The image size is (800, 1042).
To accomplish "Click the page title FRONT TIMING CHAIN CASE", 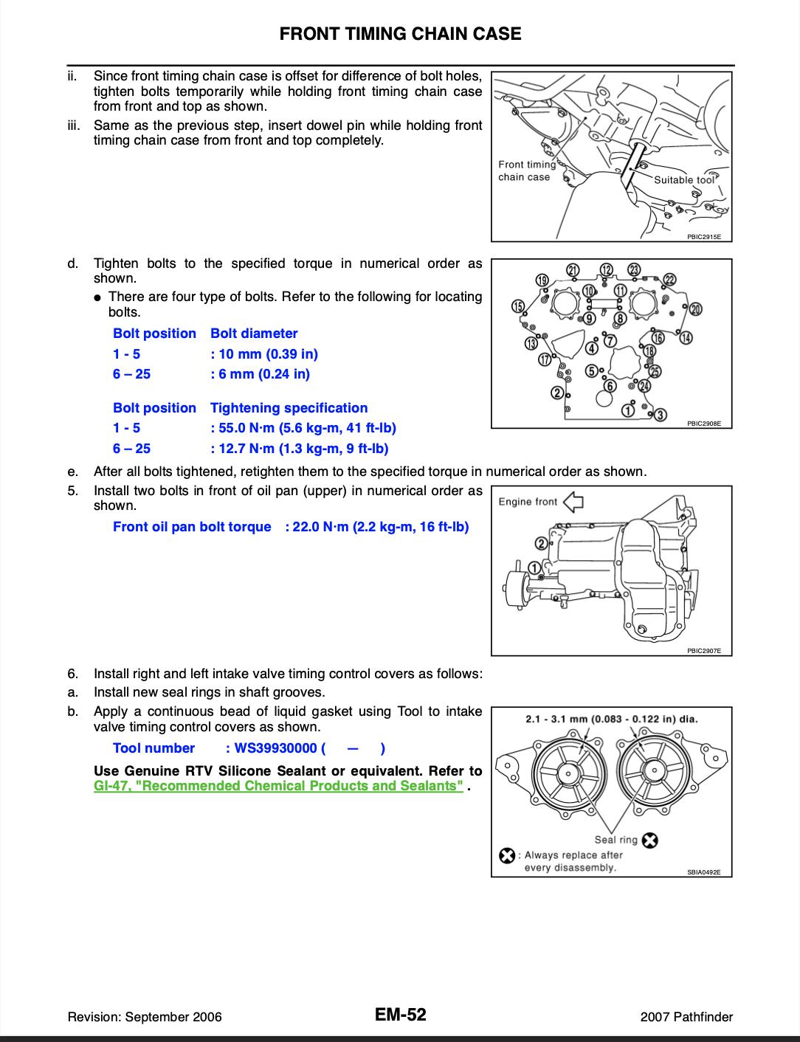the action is click(400, 34).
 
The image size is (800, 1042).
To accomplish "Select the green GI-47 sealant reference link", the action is click(278, 786).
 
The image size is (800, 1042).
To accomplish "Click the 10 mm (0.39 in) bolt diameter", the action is click(264, 354).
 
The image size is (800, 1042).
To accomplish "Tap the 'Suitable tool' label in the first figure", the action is click(684, 180).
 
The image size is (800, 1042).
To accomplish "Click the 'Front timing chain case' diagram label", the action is click(527, 170).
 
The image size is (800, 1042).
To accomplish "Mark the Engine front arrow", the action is click(573, 502).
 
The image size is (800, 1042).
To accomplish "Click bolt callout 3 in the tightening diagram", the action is click(661, 415).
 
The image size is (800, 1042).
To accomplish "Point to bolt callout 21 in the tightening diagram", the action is click(573, 270).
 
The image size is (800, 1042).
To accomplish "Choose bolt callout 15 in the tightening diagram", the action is click(518, 306).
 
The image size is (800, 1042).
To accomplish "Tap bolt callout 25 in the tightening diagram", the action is click(655, 371).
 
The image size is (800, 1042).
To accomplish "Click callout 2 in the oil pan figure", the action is click(541, 543).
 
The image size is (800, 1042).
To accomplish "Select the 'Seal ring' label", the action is click(616, 840).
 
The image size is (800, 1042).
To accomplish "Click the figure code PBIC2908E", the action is click(703, 424).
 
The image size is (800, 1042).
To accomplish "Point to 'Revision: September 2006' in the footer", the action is click(145, 1017).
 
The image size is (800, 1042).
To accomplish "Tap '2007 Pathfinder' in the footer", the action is click(686, 1017).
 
